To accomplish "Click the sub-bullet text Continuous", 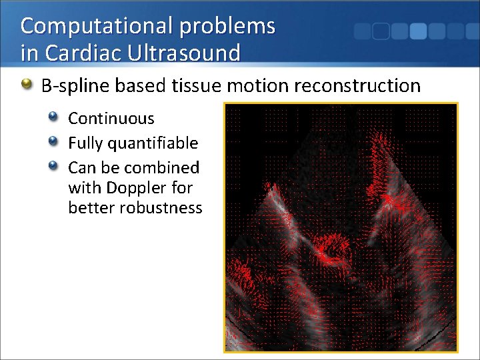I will click(x=111, y=119).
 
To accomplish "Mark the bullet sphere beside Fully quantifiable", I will click(x=54, y=142).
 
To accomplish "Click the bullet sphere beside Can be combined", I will click(x=54, y=166).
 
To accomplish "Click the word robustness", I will click(x=161, y=208).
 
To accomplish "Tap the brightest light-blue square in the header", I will click(x=418, y=31).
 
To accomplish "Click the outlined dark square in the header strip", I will click(x=381, y=31).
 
